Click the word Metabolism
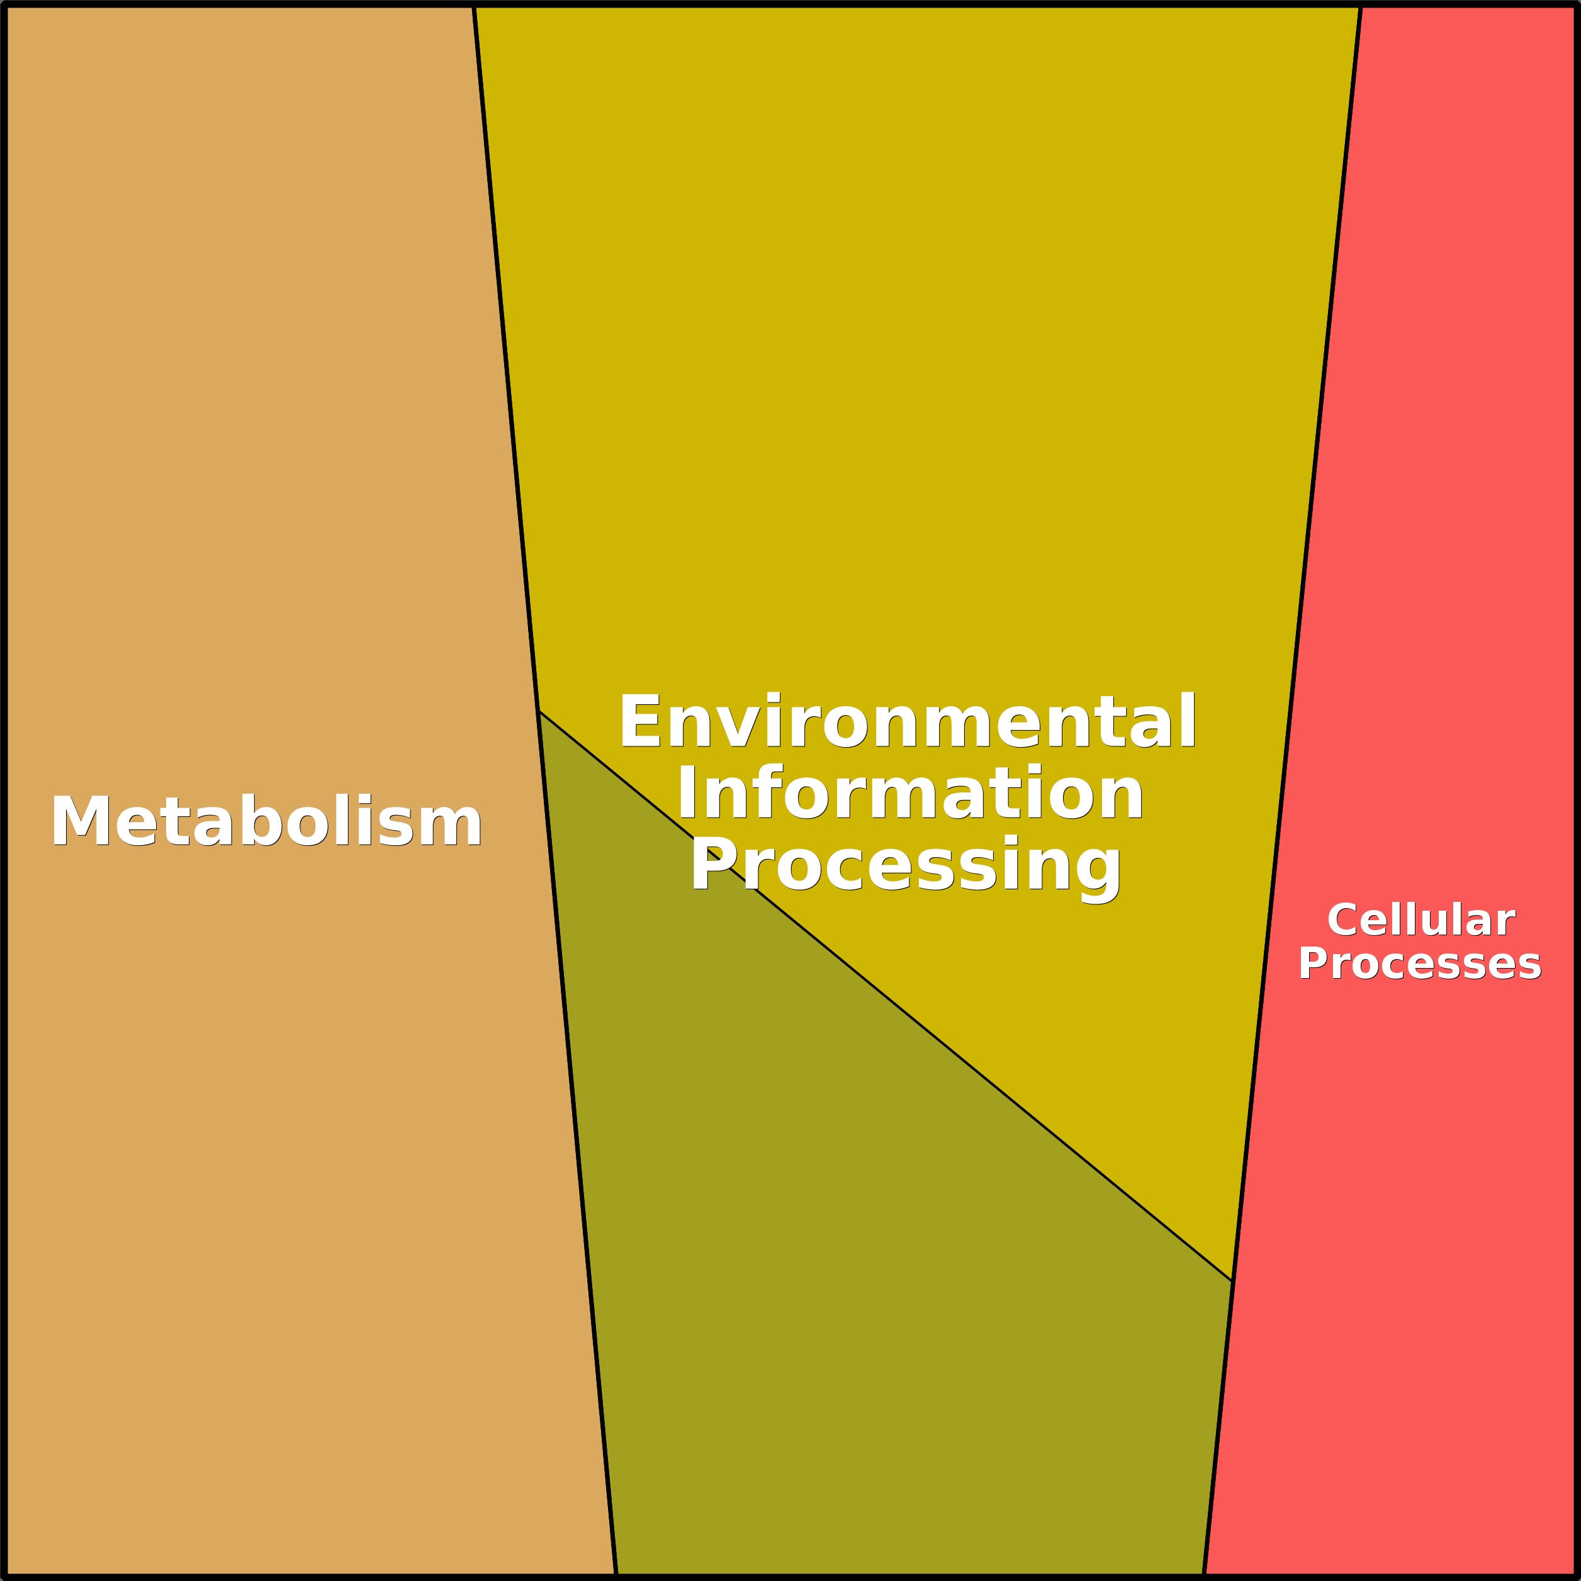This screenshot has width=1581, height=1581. point(266,821)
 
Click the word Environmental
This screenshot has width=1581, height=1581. point(908,722)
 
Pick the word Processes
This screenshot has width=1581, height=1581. point(1420,964)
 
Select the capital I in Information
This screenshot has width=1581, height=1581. point(686,793)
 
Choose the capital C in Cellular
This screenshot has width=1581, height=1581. point(1343,921)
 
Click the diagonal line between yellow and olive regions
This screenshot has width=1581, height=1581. point(886,996)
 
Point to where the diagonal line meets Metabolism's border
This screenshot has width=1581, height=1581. point(539,711)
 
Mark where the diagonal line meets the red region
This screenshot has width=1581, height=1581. point(1232,1281)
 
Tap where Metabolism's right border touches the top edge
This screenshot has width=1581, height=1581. point(474,6)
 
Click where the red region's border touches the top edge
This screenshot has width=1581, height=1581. point(1361,6)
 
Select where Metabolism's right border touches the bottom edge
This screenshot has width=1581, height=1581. point(616,1575)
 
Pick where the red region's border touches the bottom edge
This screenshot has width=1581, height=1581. point(1205,1575)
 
